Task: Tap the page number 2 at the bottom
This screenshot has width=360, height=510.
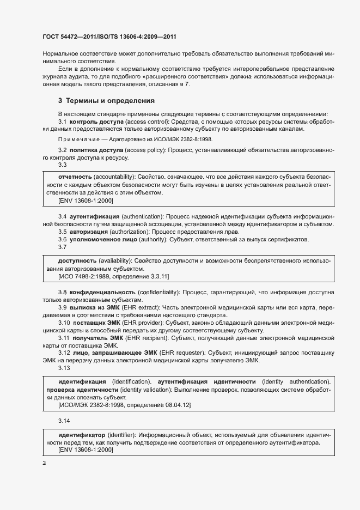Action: coord(44,463)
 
